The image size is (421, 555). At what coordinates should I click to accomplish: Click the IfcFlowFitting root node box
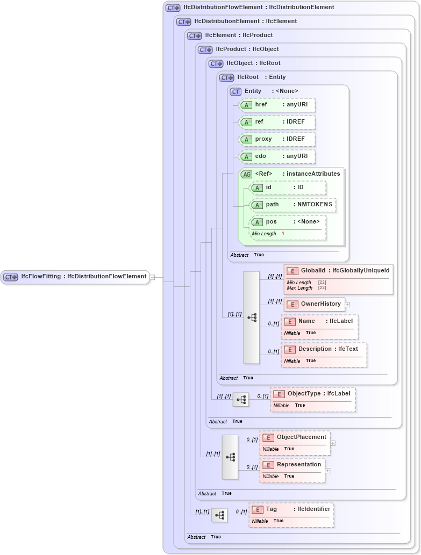coord(75,277)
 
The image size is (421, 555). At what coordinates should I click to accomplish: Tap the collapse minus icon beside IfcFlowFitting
coord(152,277)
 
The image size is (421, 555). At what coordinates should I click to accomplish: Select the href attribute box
coord(277,105)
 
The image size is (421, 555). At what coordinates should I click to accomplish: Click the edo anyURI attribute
coord(277,156)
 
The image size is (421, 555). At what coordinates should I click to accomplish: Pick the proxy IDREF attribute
coord(277,139)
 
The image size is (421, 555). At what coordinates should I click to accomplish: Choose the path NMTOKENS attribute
coord(293,205)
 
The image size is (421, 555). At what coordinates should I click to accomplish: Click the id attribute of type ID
coord(288,188)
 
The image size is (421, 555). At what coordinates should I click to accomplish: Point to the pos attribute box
coord(288,222)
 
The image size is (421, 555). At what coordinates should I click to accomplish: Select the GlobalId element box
coord(338,271)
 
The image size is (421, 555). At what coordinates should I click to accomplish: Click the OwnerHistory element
coord(315,304)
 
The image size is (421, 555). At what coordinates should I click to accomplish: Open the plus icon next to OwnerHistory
coord(347,305)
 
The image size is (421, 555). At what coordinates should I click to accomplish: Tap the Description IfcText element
coord(324,349)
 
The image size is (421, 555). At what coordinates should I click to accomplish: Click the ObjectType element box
coord(312,394)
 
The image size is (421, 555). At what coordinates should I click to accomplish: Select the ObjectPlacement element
coord(295,437)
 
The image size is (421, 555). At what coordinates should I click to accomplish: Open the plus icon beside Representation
coord(327,471)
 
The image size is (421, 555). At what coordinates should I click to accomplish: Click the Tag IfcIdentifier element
coord(291,509)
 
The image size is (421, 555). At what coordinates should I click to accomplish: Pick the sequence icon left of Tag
coord(219,515)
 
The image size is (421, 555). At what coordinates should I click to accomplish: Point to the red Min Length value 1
coord(283,234)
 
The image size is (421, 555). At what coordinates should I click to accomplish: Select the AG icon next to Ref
coord(246,174)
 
